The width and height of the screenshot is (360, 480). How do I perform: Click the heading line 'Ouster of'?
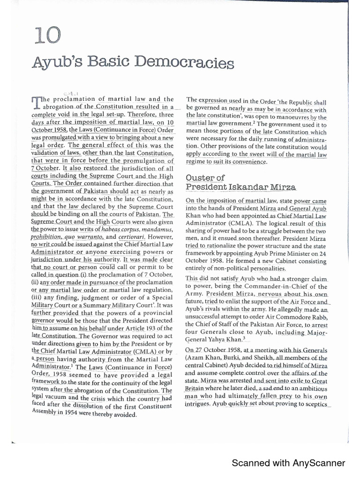(205, 178)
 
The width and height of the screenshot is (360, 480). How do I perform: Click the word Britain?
(197, 389)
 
